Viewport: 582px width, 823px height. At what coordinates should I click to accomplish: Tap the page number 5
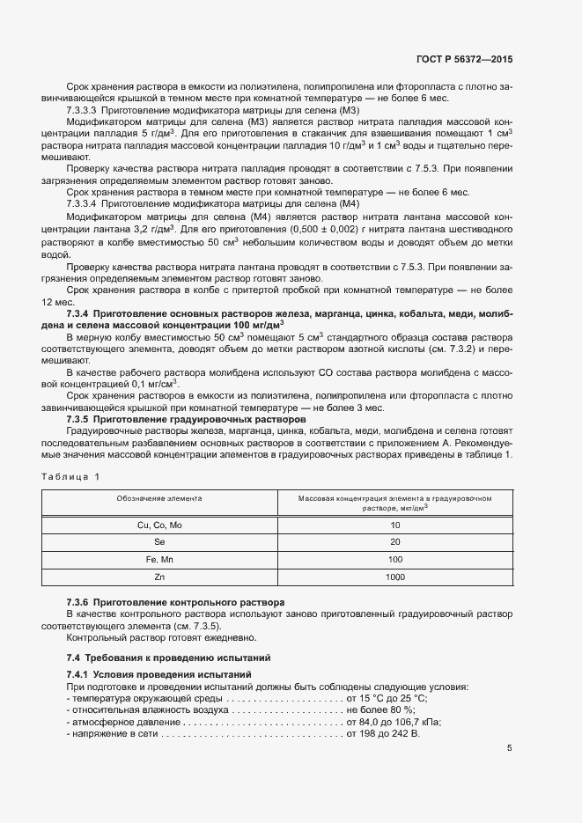509,748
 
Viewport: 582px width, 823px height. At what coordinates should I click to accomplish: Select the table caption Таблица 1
71,476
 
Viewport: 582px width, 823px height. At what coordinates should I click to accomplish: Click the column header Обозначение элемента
159,498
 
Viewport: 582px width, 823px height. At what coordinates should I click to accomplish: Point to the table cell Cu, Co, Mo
159,525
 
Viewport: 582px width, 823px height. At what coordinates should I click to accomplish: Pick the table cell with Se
159,542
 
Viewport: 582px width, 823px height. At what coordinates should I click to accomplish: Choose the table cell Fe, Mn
159,560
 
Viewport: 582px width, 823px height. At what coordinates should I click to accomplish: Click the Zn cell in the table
159,577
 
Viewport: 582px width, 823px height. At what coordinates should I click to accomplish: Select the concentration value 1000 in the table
394,577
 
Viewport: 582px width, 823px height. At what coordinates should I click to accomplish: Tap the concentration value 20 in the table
394,542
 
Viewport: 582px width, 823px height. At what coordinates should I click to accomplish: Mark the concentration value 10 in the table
394,525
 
